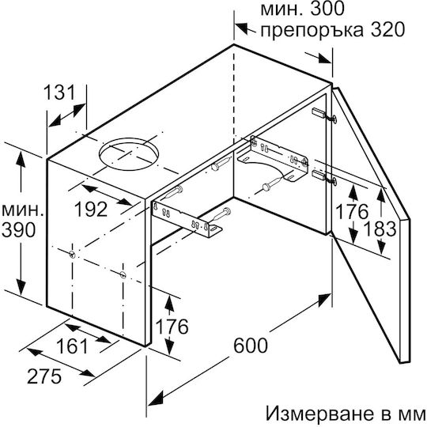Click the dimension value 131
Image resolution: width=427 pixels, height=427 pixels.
59,93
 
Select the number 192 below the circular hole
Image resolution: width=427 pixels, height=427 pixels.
91,210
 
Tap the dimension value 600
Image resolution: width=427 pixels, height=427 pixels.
251,346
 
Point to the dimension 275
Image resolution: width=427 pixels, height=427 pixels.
44,376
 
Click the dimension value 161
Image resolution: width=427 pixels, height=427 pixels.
73,346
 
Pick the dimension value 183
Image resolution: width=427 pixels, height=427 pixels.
380,229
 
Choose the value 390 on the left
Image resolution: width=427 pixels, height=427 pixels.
18,229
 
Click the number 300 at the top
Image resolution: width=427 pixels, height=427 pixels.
327,9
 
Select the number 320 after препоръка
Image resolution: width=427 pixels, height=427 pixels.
387,30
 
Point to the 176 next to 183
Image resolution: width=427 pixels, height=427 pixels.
352,212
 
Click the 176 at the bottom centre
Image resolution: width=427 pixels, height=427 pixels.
172,327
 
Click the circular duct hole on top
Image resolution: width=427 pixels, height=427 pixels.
129,154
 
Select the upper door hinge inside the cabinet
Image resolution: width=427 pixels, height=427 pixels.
324,115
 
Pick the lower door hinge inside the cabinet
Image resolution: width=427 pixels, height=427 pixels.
324,177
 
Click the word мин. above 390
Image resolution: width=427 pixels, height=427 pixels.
22,210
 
